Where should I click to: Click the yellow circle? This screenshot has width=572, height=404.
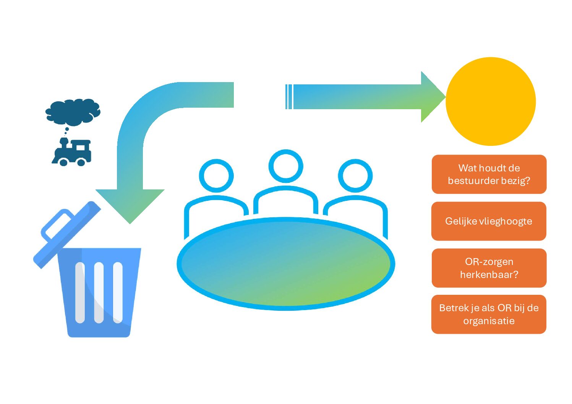tap(491, 101)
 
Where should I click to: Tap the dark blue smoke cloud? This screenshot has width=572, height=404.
tap(73, 112)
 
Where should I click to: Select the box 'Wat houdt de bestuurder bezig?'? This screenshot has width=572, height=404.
tap(489, 174)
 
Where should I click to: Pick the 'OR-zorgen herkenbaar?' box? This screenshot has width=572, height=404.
tap(489, 268)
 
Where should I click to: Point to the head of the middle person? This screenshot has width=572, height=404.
tap(286, 166)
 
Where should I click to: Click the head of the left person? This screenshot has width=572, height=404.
tap(216, 176)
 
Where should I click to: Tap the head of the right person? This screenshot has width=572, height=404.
tap(355, 176)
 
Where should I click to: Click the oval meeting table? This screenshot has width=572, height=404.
tap(286, 263)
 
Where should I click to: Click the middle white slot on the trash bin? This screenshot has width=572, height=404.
tap(99, 292)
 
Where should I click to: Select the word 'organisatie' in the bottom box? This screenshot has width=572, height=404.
tap(489, 321)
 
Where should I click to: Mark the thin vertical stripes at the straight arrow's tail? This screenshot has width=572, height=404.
tap(289, 97)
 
